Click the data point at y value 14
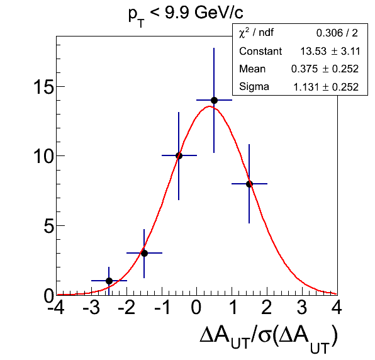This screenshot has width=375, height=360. [214, 100]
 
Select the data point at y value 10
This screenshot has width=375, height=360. [179, 155]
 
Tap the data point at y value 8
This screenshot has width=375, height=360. [249, 184]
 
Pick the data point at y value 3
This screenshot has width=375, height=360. [144, 253]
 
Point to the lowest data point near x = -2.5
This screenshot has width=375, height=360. [109, 281]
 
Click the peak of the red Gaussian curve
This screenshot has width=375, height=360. [210, 106]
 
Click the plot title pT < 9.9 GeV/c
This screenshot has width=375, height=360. [186, 15]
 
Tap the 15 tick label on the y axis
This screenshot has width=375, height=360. [43, 86]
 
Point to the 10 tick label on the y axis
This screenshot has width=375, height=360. [43, 156]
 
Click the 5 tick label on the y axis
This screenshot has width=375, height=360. [48, 225]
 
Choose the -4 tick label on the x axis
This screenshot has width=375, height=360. [56, 307]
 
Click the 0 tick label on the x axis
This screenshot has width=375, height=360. [196, 307]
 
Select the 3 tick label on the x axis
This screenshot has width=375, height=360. [302, 307]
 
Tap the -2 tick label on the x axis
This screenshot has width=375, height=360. [126, 307]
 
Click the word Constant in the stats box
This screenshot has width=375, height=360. [260, 51]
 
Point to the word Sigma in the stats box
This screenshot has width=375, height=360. [254, 87]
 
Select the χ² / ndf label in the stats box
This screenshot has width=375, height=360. [256, 33]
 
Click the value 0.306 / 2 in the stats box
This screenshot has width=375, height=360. [337, 33]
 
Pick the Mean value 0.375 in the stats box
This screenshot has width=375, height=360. [304, 69]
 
